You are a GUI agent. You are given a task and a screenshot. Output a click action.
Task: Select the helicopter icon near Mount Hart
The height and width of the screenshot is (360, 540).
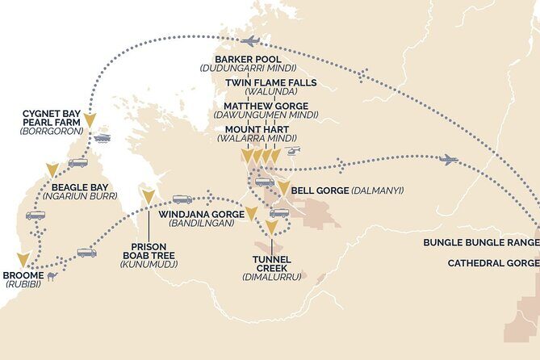coord(295,150)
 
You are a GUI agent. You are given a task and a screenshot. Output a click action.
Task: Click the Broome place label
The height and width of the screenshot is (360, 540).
coord(23,274)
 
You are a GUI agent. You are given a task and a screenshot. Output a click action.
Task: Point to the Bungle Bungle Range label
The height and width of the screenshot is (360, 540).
coord(481,243)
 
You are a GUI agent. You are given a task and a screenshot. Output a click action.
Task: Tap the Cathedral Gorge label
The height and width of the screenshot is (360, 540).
coord(492,263)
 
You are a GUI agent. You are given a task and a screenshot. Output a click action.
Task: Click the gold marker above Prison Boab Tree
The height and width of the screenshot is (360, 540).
coord(148,195)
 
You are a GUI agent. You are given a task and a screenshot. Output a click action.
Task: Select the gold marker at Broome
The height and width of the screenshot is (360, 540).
coord(23,259)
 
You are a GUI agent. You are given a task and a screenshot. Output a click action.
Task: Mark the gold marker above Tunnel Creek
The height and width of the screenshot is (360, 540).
coord(271,228)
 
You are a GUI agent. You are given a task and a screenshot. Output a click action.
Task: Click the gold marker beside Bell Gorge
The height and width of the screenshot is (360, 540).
coord(283,188)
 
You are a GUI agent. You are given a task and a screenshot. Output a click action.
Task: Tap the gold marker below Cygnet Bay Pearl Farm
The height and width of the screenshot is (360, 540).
coord(90,121)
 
